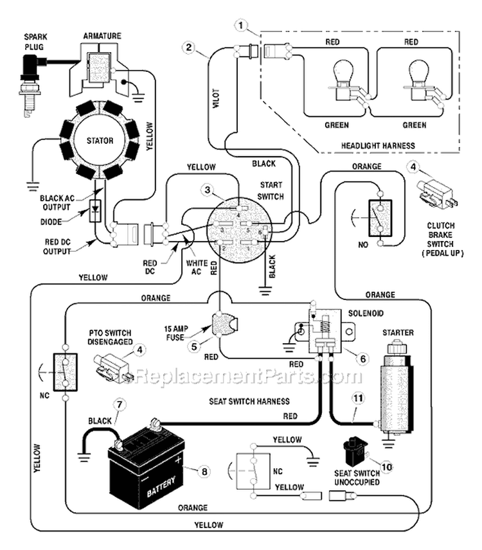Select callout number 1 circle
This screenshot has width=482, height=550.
pyautogui.click(x=241, y=26)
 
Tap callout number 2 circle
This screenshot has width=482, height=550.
pyautogui.click(x=188, y=47)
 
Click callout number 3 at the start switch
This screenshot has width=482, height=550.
pyautogui.click(x=207, y=190)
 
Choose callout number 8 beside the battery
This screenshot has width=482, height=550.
pyautogui.click(x=204, y=471)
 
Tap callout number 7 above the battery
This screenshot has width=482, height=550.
pyautogui.click(x=118, y=405)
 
